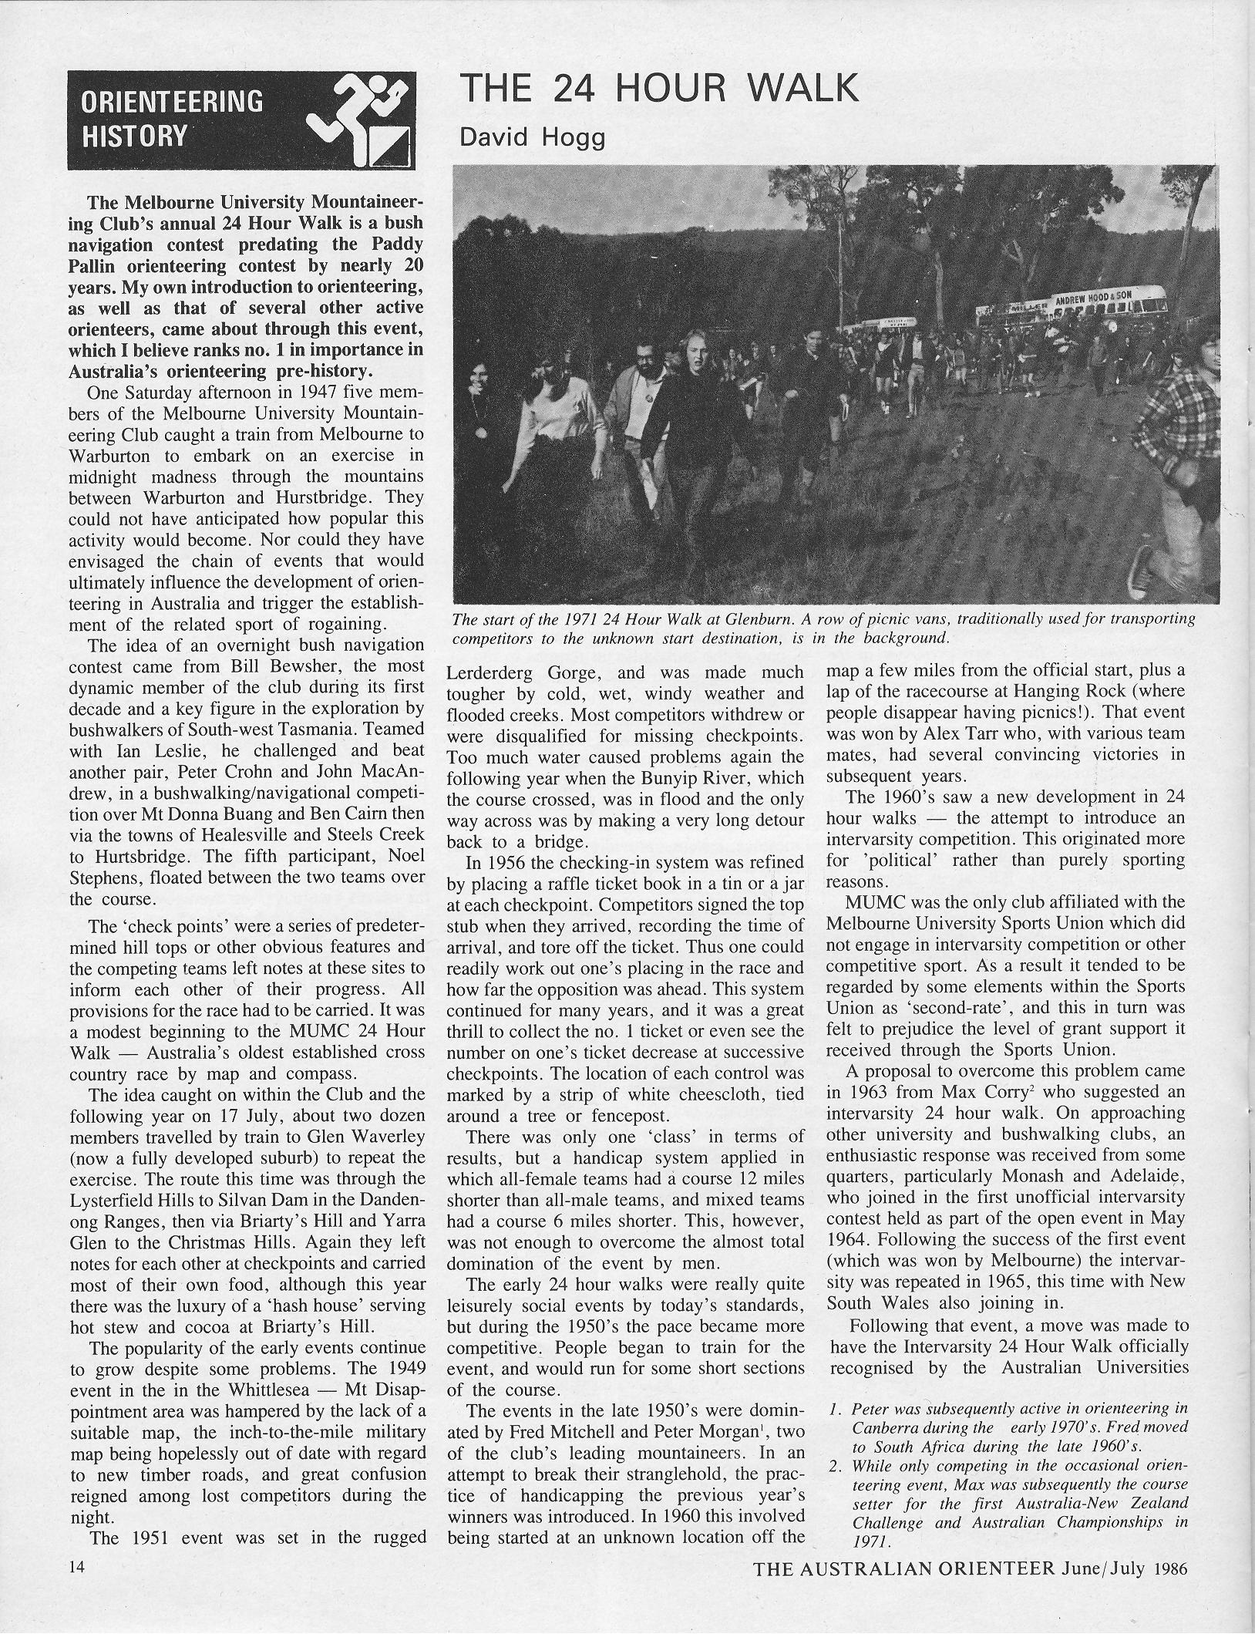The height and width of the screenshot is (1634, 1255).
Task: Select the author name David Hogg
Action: [532, 139]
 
